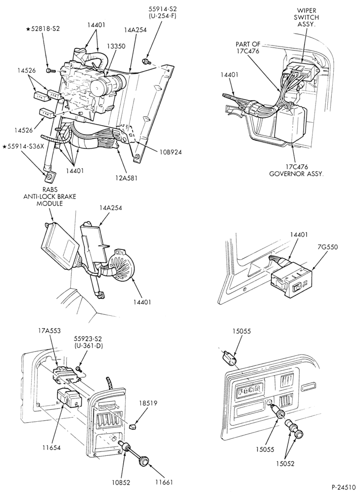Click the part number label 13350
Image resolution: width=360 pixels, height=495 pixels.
click(x=116, y=46)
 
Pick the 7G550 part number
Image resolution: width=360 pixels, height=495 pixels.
click(x=327, y=247)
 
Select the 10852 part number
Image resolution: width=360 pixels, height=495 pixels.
click(x=121, y=482)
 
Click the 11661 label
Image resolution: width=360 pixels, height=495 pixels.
click(x=164, y=482)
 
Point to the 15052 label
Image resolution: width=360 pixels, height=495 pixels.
click(x=285, y=463)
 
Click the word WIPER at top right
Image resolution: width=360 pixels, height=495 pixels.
click(x=307, y=11)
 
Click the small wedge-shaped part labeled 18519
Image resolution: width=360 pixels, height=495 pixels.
click(x=134, y=427)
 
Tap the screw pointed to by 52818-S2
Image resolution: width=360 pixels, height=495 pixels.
click(x=49, y=70)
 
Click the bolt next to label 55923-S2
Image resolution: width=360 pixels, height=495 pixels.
click(x=79, y=368)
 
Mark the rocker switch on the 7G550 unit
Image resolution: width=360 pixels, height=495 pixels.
click(x=297, y=288)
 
